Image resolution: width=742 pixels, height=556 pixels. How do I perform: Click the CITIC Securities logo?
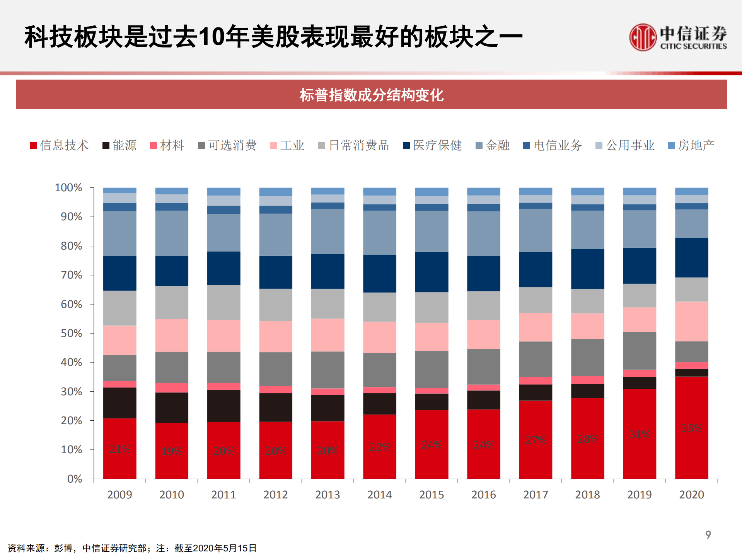pos(677,37)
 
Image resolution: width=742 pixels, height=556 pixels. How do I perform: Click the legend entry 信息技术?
pos(60,145)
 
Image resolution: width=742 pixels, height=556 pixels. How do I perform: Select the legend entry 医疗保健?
pos(432,145)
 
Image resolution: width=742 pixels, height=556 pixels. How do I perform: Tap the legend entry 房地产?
pos(691,145)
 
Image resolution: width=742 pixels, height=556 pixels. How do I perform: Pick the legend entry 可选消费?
pos(227,145)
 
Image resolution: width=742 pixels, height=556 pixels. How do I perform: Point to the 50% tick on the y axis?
pos(72,333)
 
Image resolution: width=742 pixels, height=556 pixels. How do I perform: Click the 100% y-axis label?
pos(68,188)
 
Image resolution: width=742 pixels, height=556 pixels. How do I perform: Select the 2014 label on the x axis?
pos(379,495)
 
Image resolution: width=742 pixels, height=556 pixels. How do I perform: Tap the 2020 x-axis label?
pos(691,495)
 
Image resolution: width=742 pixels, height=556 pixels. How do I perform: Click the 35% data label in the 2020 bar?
pos(691,428)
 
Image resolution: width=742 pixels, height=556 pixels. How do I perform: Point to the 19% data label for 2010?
pos(172,451)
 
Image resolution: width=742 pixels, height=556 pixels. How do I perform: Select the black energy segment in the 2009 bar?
pos(120,403)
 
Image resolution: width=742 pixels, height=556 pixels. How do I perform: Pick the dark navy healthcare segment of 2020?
pos(691,257)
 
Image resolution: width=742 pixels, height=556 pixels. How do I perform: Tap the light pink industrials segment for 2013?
pos(328,335)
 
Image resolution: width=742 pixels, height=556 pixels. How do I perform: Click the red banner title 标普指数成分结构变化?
pos(371,95)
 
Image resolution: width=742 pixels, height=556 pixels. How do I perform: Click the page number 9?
pos(708,535)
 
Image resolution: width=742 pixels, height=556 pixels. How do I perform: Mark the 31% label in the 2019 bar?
pos(640,434)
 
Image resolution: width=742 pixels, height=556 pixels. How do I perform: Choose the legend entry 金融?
pos(493,145)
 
